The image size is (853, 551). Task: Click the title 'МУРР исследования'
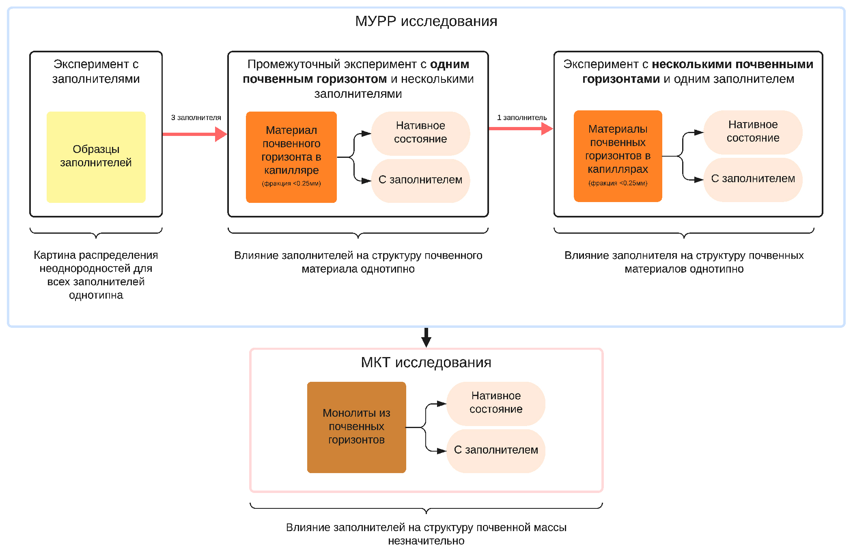(x=426, y=21)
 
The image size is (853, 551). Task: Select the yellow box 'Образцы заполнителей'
(x=96, y=157)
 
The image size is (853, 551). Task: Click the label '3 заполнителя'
(x=196, y=118)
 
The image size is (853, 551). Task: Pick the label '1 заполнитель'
(x=522, y=118)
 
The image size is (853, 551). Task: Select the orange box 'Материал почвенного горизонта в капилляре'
(x=291, y=157)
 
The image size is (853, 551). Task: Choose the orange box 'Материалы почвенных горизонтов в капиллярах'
(x=618, y=156)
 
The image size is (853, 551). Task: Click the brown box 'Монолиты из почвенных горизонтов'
(x=356, y=427)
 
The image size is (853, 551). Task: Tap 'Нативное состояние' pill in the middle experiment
(x=420, y=133)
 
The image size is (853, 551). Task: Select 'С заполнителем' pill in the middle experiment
(x=420, y=180)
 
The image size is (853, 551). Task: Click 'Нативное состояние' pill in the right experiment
(x=753, y=131)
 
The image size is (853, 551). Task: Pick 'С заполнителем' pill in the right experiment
(x=753, y=179)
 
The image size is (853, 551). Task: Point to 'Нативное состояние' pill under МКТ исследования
(x=496, y=402)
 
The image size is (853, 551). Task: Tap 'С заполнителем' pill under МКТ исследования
(x=496, y=450)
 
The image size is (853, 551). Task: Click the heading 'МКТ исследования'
(x=426, y=362)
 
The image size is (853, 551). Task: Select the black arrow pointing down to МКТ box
(x=426, y=338)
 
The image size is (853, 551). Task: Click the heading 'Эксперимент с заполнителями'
(x=96, y=71)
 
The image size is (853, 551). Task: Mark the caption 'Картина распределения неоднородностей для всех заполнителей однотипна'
(x=96, y=275)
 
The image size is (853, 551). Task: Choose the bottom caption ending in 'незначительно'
(x=426, y=534)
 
